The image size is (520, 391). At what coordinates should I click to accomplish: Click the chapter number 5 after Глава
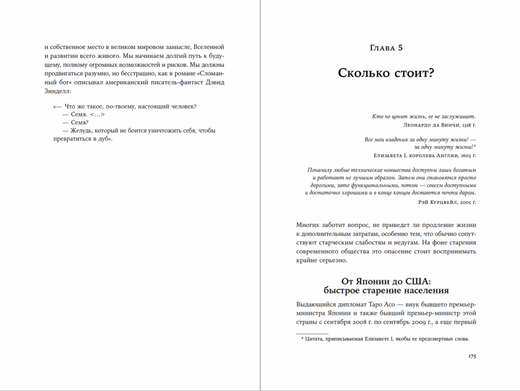400,48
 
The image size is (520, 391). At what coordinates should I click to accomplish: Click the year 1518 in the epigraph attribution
464,125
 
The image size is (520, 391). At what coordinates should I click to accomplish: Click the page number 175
472,356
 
